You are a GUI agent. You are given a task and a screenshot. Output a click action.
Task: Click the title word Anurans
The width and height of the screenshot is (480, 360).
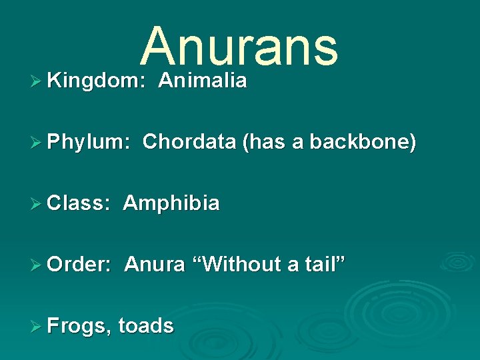tap(239, 47)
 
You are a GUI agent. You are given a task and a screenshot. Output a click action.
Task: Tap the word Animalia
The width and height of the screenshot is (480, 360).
tap(203, 81)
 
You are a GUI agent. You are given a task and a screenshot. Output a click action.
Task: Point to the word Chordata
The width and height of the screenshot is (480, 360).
tap(189, 142)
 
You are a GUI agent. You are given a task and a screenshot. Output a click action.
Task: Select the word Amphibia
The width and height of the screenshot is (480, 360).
tap(171, 203)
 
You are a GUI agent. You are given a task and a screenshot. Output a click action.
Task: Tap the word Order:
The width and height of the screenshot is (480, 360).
tap(79, 265)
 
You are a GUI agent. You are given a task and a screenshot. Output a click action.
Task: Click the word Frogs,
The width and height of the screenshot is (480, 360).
tap(79, 326)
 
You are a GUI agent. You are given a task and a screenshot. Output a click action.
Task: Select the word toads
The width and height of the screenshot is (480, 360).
tap(146, 326)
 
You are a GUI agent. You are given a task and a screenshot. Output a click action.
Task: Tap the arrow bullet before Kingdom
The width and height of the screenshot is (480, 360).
tap(38, 82)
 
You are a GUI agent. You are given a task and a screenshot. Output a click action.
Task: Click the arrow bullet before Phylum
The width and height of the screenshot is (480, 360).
tap(38, 143)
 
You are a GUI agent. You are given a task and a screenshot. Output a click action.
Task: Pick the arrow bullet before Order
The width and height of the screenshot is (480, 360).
tap(38, 265)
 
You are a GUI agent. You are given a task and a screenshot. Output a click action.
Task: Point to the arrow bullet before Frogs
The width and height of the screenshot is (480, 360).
tap(38, 327)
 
